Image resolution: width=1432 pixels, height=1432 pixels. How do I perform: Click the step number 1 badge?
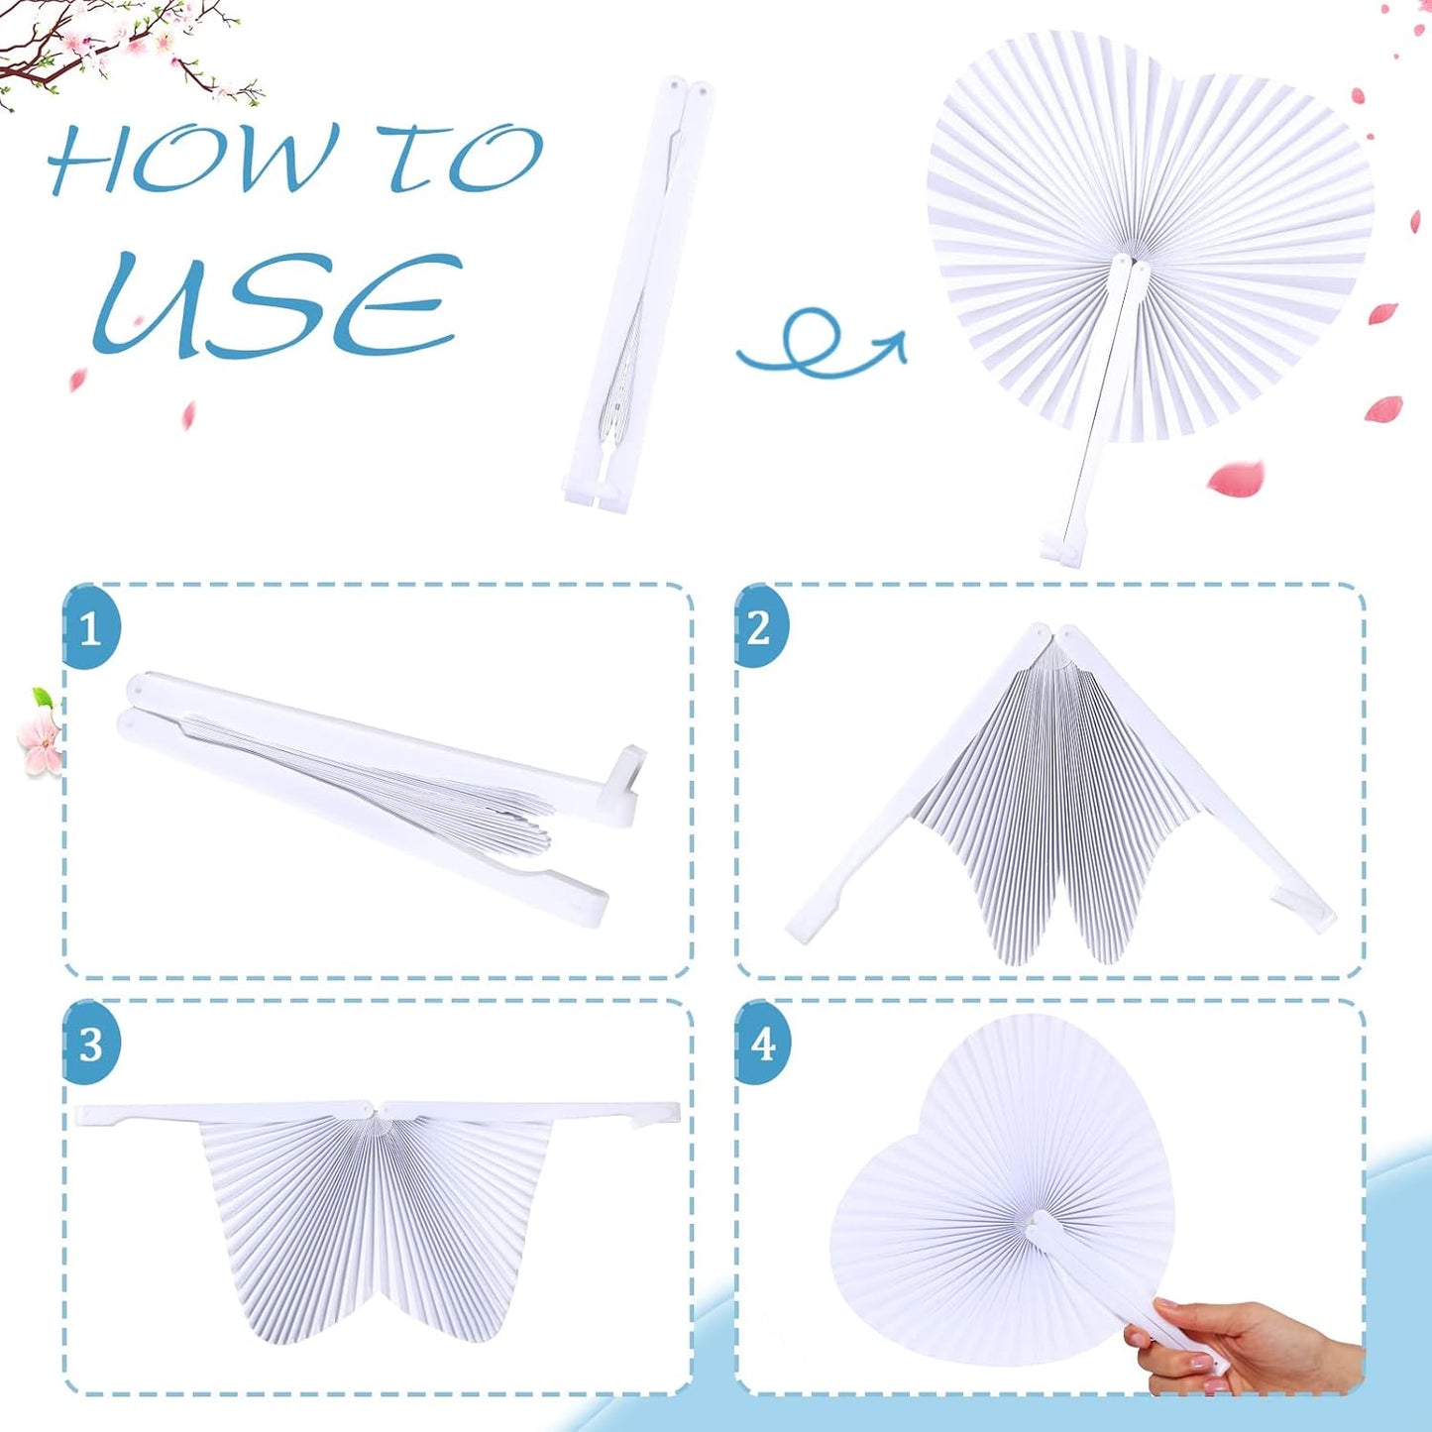click(90, 628)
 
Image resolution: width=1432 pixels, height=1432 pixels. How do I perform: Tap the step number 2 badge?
click(760, 626)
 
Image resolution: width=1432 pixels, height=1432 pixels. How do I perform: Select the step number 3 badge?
click(90, 1044)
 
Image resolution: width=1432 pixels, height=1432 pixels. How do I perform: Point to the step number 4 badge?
click(762, 1044)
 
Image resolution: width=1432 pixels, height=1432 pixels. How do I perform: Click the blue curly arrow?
click(818, 347)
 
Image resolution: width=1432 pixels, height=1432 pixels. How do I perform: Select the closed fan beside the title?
click(639, 297)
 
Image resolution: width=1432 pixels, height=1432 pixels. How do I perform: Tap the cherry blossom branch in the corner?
click(119, 50)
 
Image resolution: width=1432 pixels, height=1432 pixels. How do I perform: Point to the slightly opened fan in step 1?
click(377, 783)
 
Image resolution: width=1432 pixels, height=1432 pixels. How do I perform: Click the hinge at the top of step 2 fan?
click(1053, 634)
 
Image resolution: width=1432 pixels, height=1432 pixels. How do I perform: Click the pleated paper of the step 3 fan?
click(377, 1219)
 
